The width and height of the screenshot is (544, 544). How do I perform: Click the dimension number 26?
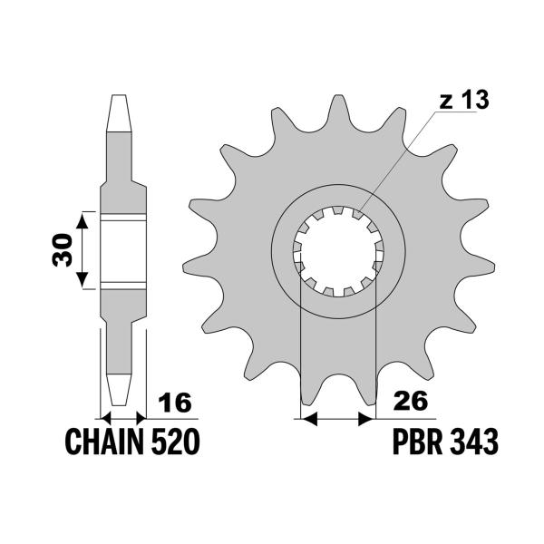pos(410,401)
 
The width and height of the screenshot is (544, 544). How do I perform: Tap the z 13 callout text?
pos(464,101)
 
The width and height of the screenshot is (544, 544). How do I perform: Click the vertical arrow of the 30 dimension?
pos(83,250)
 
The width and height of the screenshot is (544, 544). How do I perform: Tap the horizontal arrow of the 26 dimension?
pos(336,419)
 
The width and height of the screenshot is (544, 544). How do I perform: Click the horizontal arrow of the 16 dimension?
pos(121,419)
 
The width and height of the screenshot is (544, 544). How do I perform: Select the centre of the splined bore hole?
pos(336,249)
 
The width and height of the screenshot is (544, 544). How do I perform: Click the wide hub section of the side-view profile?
pos(121,250)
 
